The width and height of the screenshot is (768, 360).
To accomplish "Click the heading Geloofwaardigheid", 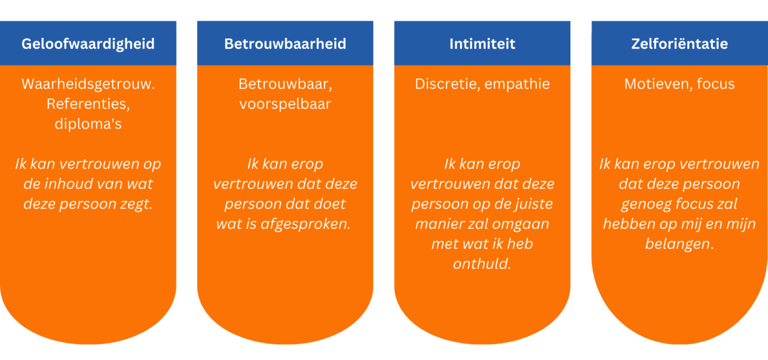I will point(88,44).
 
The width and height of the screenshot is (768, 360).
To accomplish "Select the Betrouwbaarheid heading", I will point(285,44).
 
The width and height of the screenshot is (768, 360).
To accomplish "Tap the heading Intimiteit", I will point(482,44).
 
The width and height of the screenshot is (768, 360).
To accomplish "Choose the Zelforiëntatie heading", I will point(679,44).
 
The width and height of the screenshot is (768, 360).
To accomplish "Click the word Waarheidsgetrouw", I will point(88,84).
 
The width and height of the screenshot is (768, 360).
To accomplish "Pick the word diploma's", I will point(88,124).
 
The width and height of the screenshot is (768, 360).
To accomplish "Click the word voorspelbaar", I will point(285,104).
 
